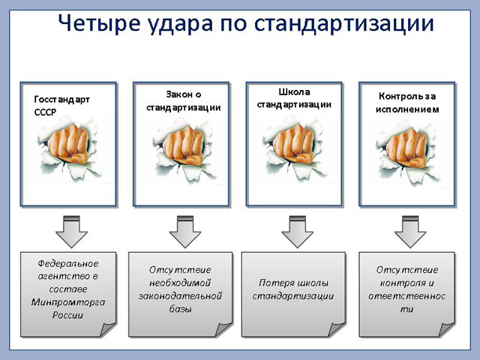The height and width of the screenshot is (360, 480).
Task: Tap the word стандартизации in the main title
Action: [344, 24]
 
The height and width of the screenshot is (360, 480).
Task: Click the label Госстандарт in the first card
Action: [61, 100]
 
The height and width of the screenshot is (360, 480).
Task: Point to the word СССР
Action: [45, 112]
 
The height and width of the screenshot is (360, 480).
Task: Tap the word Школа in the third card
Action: [294, 91]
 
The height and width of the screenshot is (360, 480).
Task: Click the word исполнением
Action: [407, 109]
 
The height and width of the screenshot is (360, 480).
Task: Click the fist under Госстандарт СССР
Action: [69, 143]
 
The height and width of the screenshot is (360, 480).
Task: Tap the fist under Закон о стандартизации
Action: [184, 145]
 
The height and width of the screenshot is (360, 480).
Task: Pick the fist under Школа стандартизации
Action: [293, 144]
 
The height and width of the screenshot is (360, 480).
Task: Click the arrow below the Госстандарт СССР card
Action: [72, 232]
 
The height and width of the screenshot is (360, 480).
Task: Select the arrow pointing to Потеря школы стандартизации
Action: [297, 232]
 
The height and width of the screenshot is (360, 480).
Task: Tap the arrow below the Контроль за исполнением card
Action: [410, 232]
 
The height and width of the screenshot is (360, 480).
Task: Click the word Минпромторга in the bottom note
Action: [68, 302]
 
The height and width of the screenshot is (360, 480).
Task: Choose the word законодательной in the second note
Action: [180, 296]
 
